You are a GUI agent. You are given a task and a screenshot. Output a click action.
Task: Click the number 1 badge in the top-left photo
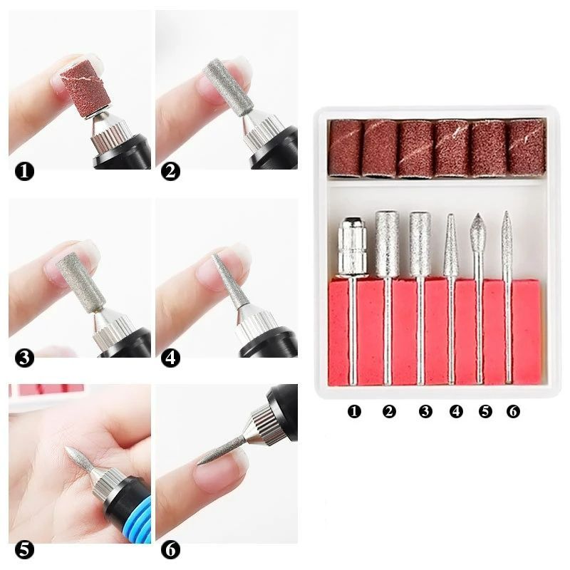26,172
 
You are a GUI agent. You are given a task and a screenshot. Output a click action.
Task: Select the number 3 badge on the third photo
26,358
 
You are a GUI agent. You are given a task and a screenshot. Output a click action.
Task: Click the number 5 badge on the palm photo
26,550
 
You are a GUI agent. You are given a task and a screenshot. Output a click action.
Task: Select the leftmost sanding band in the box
345,147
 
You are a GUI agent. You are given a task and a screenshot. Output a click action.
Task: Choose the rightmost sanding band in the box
526,147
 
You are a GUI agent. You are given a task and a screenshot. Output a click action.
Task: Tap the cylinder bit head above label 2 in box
387,242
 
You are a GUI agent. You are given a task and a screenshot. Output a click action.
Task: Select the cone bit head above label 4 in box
451,246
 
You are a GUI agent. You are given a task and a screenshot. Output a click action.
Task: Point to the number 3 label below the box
425,412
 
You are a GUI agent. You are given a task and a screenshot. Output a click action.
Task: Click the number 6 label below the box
513,412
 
